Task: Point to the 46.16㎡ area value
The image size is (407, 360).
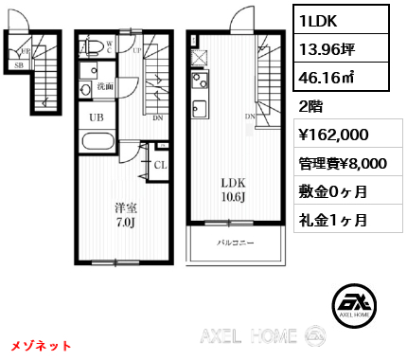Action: (323, 78)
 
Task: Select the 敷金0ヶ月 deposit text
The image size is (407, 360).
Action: (331, 191)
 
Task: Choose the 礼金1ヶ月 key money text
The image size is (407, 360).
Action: (331, 220)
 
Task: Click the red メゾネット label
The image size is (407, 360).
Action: (43, 346)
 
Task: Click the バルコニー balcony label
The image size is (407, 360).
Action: (237, 244)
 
